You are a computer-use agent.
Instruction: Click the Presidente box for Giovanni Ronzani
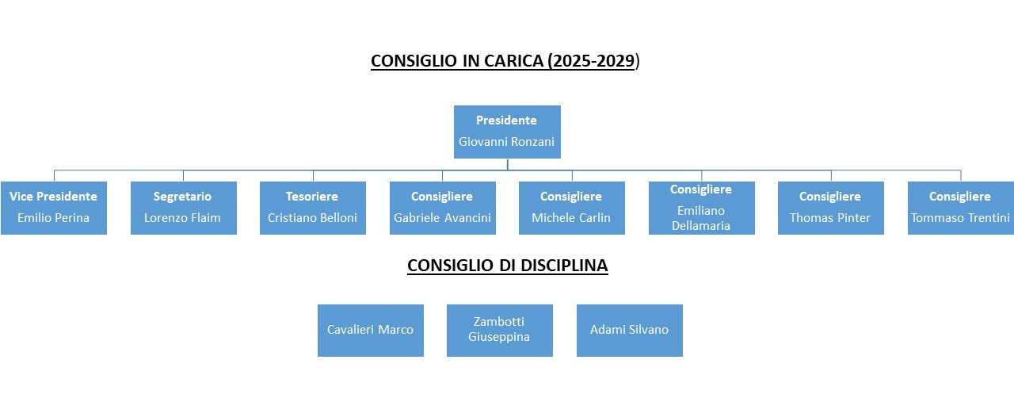coord(507,132)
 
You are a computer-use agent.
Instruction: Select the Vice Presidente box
coord(54,208)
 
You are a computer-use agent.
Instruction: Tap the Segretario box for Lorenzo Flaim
coord(183,208)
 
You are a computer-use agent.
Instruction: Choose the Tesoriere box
coord(313,208)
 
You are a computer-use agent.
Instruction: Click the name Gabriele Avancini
coord(443,218)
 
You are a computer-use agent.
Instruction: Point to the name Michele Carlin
coord(571,218)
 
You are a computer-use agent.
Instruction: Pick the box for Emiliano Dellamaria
coord(701,208)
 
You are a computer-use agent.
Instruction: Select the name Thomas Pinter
coord(830,218)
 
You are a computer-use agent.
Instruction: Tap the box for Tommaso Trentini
coord(960,208)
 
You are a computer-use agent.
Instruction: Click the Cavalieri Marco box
coord(371,330)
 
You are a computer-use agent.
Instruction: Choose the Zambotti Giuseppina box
coord(500,330)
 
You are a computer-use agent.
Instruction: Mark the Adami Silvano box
coord(630,330)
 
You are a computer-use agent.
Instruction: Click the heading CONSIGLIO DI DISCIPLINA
coord(508,266)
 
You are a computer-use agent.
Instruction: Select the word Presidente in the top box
coord(506,121)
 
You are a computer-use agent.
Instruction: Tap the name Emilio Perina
coord(54,218)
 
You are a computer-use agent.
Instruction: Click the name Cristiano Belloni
coord(313,218)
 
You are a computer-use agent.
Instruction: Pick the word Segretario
coord(183,197)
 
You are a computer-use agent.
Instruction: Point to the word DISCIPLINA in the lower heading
coord(564,266)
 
